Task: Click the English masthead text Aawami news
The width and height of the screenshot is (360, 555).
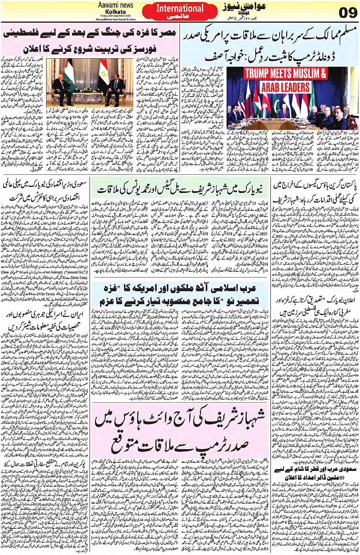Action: click(116, 5)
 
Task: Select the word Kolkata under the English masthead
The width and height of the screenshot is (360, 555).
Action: click(116, 11)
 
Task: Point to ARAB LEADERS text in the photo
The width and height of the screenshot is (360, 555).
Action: click(285, 87)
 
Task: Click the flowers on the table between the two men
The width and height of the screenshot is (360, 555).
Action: click(89, 91)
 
